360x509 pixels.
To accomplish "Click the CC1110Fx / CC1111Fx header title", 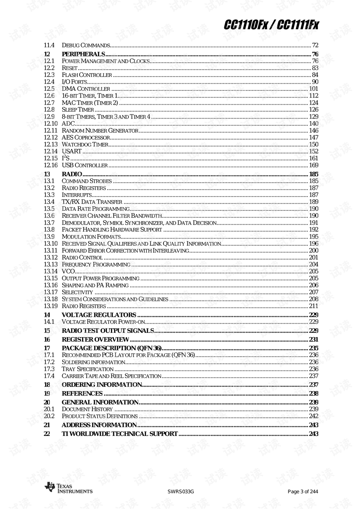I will click(x=271, y=25).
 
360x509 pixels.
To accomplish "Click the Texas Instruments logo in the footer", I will click(x=68, y=488).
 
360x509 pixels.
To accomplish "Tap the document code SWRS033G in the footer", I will click(x=180, y=492).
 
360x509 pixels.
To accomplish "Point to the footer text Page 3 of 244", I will click(x=303, y=492).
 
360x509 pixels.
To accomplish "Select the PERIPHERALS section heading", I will click(x=83, y=54).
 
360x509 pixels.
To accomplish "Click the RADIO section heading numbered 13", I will click(x=72, y=174).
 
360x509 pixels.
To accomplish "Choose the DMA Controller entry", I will click(x=86, y=89).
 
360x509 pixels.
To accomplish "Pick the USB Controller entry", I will click(x=85, y=165).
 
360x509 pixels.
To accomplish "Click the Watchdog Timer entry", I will click(x=85, y=144).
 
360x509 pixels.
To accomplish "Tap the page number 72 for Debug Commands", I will click(x=315, y=45).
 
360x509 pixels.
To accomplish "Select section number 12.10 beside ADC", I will click(x=51, y=124).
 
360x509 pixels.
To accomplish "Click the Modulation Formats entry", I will click(x=91, y=237).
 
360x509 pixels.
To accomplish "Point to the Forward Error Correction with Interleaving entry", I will click(x=125, y=251).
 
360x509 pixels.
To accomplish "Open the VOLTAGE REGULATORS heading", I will click(x=99, y=315).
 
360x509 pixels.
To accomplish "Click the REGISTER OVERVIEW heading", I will click(x=95, y=339).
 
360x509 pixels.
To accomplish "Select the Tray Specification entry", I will click(x=87, y=369).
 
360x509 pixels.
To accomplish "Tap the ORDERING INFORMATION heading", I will click(x=102, y=385).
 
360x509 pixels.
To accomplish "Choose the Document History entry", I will click(x=87, y=409).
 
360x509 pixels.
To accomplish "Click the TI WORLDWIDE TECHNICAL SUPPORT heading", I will click(x=120, y=434).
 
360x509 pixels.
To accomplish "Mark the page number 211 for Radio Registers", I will click(x=313, y=306).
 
